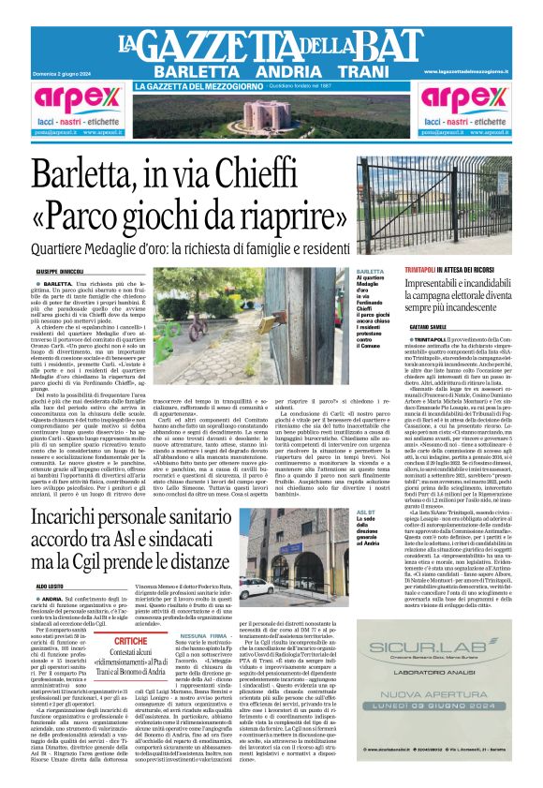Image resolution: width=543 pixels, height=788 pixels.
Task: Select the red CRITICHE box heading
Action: [131, 642]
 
